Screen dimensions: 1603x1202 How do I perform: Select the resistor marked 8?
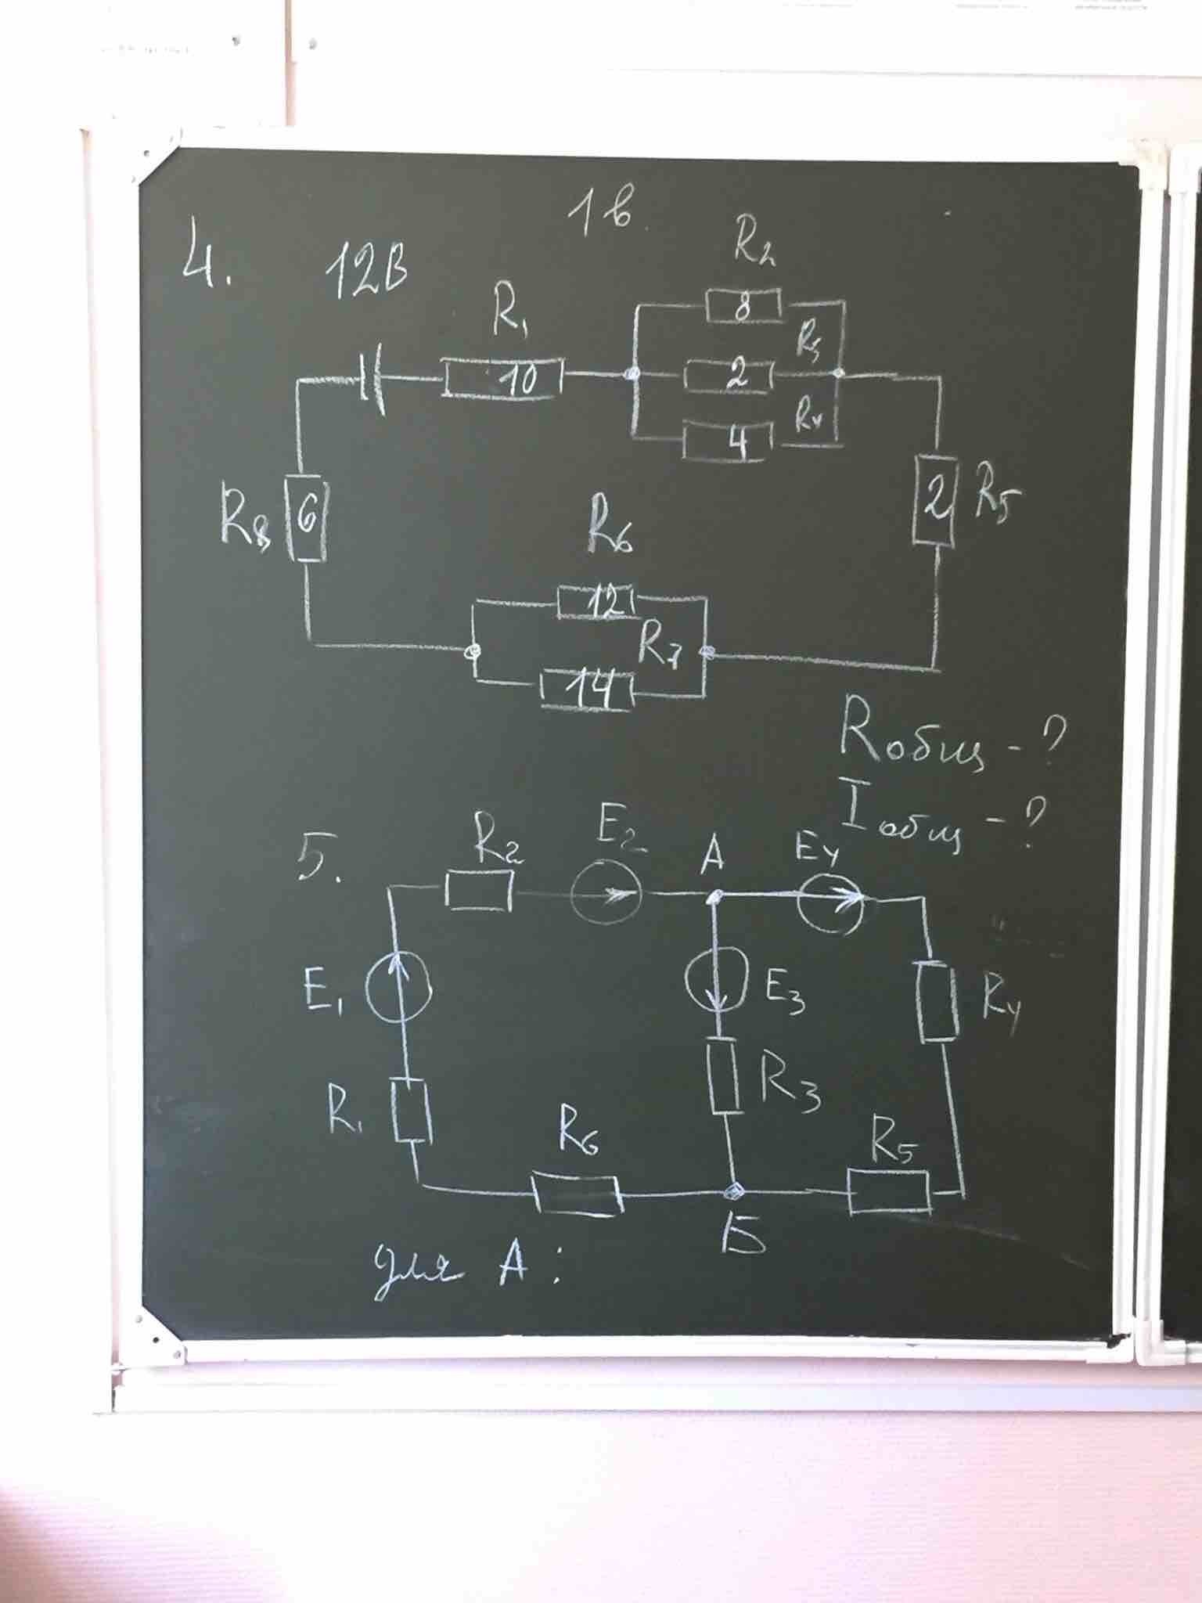743,304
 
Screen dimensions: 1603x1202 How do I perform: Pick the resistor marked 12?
596,601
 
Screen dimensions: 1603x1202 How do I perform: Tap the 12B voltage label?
366,274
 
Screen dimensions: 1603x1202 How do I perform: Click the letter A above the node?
711,857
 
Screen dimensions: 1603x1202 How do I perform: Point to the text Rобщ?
908,740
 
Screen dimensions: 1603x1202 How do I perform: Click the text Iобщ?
908,822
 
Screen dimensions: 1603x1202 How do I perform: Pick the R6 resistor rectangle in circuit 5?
578,1193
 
